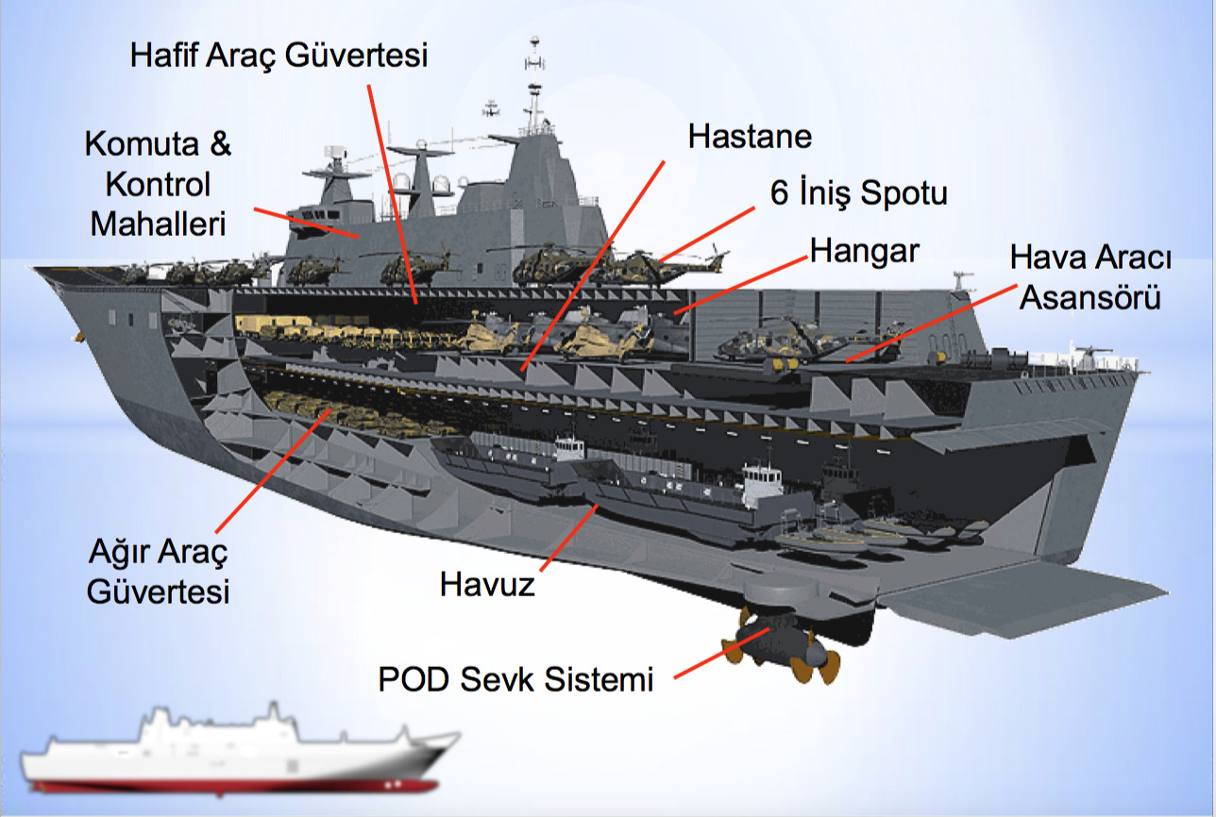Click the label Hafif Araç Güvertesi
click(x=279, y=56)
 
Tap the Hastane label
click(x=750, y=136)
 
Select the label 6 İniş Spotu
click(x=858, y=194)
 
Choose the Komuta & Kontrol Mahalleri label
click(x=158, y=184)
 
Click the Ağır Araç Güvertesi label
click(x=159, y=572)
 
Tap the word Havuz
click(x=487, y=585)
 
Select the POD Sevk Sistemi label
click(x=515, y=679)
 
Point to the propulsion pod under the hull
click(x=779, y=642)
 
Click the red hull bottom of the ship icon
click(x=236, y=785)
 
